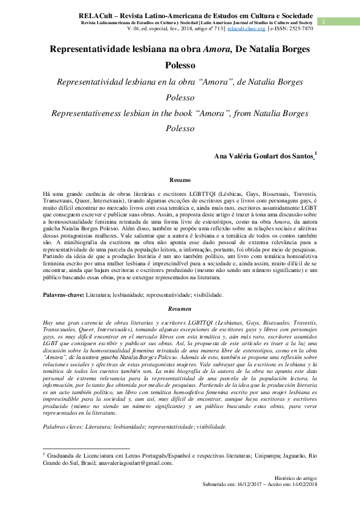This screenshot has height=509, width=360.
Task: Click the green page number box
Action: click(x=324, y=22)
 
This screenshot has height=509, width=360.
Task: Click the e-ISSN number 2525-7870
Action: click(x=301, y=28)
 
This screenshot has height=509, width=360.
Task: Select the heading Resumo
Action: click(x=180, y=180)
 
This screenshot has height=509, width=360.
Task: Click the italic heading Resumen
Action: click(x=180, y=309)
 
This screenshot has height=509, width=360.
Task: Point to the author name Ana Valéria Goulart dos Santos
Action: click(x=264, y=157)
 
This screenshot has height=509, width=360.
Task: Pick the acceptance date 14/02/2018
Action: click(x=299, y=485)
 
